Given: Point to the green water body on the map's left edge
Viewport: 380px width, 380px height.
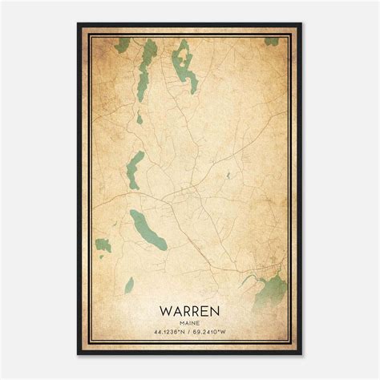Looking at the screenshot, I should (x=103, y=245).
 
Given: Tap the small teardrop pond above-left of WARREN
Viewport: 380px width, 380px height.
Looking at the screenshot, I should (x=128, y=282).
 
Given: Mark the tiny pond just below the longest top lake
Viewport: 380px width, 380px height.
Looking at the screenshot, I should (x=139, y=118).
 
